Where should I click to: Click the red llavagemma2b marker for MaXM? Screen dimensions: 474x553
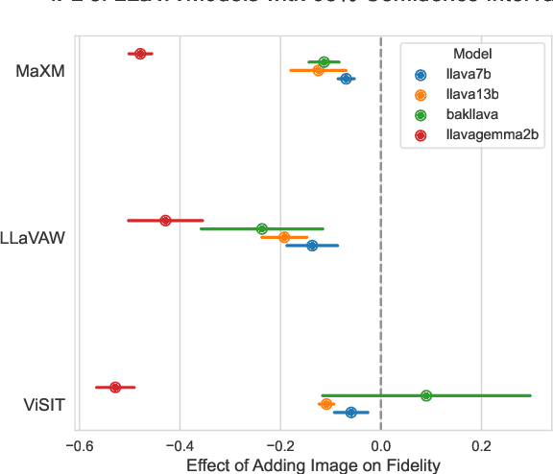pos(140,54)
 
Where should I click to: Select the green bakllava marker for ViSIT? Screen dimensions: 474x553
pos(426,395)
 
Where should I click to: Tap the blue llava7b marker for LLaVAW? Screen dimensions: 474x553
pos(312,246)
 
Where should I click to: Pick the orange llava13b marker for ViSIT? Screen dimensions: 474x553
pos(326,404)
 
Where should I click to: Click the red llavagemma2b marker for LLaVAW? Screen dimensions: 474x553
pos(165,221)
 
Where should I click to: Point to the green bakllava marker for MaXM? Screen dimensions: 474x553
pos(324,62)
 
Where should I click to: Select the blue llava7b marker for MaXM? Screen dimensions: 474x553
pos(346,79)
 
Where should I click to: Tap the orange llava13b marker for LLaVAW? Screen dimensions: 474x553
pos(283,237)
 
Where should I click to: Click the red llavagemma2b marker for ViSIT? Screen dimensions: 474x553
pos(115,388)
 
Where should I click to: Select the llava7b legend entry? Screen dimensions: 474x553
pos(469,75)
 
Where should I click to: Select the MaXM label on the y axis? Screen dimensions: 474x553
pos(40,71)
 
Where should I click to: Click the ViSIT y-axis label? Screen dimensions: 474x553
pos(44,404)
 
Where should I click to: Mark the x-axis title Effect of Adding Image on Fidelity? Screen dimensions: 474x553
pos(313,465)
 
